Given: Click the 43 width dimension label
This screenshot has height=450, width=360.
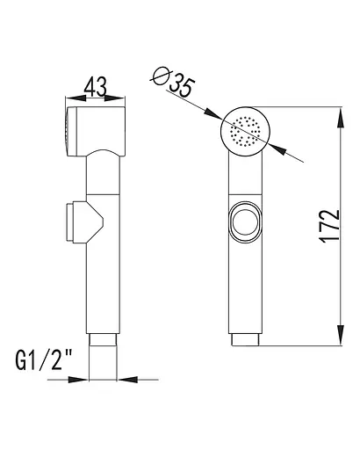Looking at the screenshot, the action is pos(96,86).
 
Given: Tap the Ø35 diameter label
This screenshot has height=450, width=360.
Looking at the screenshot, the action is pos(173,81).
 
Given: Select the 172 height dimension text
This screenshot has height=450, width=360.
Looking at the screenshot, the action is pos(330,226).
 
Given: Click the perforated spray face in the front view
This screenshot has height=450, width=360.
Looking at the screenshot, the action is pos(245,131).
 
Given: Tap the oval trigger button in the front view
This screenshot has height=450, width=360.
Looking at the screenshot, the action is pos(245,222).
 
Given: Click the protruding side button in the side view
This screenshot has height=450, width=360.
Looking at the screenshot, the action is pos(70,221).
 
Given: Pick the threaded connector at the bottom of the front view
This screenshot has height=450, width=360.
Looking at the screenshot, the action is pos(245,339).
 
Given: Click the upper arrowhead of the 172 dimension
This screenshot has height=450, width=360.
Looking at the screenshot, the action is pos(341,118).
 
